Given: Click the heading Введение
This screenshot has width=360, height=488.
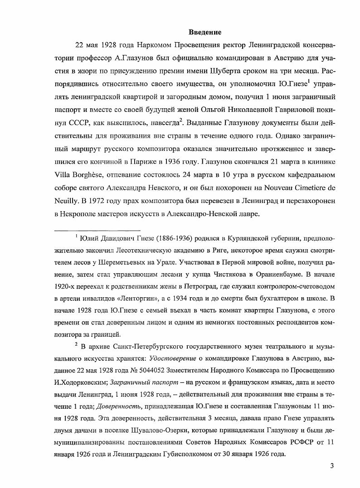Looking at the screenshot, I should pyautogui.click(x=205, y=32).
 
